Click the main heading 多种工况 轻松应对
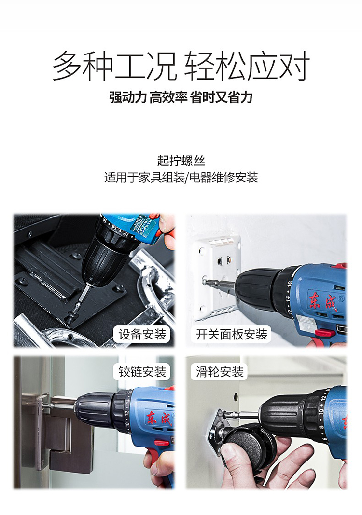(181, 66)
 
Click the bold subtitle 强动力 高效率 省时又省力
(181, 97)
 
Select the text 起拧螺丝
(181, 161)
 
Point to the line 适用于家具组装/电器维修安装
(181, 177)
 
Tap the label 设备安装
(142, 334)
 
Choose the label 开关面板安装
(232, 334)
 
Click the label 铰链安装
(142, 372)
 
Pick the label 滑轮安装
(220, 372)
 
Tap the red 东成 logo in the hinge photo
(160, 418)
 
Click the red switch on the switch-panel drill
(325, 333)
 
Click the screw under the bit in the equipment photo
(70, 318)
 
